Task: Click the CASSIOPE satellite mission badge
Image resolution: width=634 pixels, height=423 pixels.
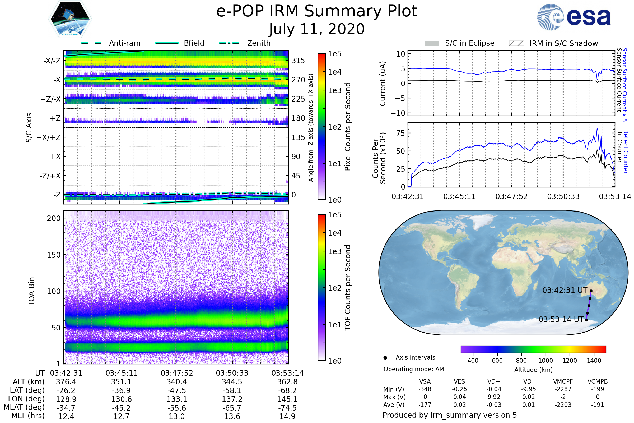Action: [70, 19]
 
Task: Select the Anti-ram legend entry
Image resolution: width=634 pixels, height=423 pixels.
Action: [111, 43]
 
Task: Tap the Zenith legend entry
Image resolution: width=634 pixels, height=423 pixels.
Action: [245, 43]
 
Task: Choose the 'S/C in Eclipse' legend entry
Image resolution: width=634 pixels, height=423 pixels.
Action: [459, 43]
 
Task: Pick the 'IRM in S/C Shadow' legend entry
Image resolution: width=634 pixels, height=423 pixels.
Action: [553, 43]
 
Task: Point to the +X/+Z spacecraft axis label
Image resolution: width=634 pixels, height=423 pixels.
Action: [49, 137]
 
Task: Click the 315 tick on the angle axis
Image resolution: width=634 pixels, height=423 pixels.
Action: [298, 61]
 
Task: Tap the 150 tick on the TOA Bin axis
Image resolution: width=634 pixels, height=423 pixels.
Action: [54, 255]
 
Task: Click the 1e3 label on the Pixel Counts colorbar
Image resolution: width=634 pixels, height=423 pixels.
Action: [334, 90]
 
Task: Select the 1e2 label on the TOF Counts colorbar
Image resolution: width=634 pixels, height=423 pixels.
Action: [334, 288]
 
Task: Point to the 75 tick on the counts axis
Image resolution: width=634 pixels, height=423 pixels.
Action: [400, 133]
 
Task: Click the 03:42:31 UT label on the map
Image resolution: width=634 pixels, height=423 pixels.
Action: [565, 290]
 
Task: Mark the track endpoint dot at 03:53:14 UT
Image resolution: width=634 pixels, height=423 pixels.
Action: [586, 320]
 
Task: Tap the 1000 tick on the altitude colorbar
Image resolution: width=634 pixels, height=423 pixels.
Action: [546, 360]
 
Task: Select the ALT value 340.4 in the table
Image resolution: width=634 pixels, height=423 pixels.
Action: [177, 382]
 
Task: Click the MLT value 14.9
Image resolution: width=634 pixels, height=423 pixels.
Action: [287, 416]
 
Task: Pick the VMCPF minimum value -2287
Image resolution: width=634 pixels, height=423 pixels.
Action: [563, 389]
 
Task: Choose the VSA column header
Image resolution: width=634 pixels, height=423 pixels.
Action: [425, 381]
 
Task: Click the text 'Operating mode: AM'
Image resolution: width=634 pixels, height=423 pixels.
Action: [414, 369]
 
